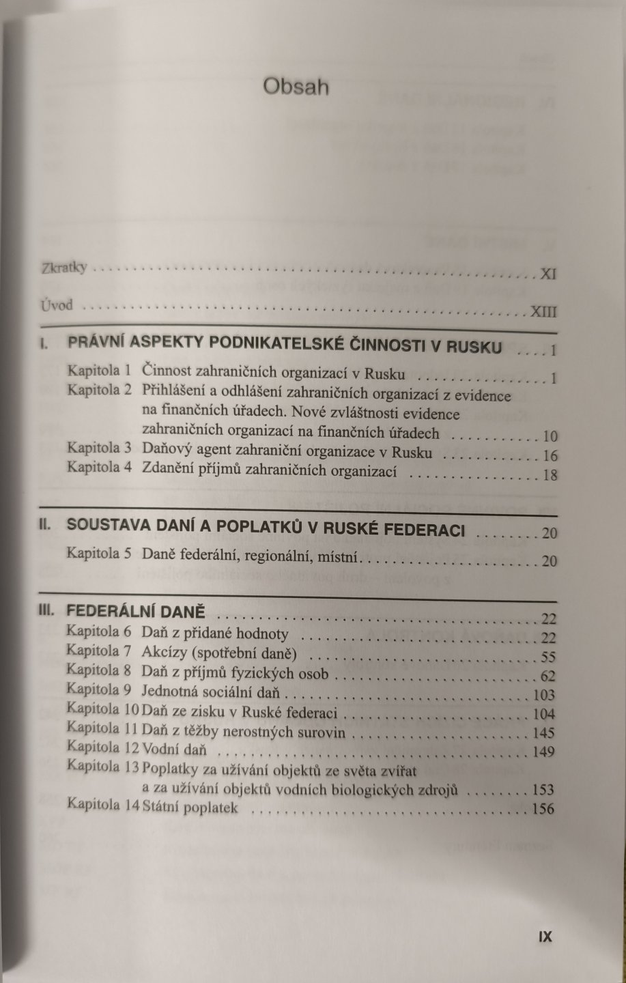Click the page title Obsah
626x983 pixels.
(296, 87)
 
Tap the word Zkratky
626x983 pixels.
(64, 268)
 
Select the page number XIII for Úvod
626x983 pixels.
(543, 312)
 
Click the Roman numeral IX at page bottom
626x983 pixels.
(545, 937)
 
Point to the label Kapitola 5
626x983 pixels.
(99, 554)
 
